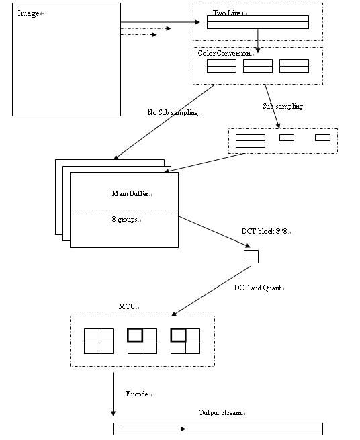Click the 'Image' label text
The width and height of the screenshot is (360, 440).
(x=28, y=13)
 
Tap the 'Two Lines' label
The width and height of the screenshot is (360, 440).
(x=228, y=13)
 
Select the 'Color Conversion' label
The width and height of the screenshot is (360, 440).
(x=224, y=53)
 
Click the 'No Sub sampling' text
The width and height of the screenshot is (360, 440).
(x=173, y=112)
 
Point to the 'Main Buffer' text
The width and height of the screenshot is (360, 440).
(x=130, y=193)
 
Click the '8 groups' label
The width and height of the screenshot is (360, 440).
(x=124, y=219)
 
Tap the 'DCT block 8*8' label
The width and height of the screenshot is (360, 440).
(x=265, y=231)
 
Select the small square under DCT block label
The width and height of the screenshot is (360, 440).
(x=251, y=257)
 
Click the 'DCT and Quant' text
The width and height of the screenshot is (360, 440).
(x=257, y=288)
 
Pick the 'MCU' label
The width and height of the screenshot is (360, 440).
(x=127, y=306)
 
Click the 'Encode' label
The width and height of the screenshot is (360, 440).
(x=137, y=394)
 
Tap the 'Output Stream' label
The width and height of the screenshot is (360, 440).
(x=220, y=412)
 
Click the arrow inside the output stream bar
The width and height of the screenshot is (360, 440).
(x=152, y=429)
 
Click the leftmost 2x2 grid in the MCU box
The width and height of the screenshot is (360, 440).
(x=99, y=341)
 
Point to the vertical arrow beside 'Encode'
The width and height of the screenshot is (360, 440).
(x=113, y=394)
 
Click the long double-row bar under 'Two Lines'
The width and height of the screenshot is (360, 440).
(x=258, y=22)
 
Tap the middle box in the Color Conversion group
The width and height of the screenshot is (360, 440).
(x=258, y=66)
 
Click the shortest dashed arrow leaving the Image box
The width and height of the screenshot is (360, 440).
(x=138, y=34)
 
